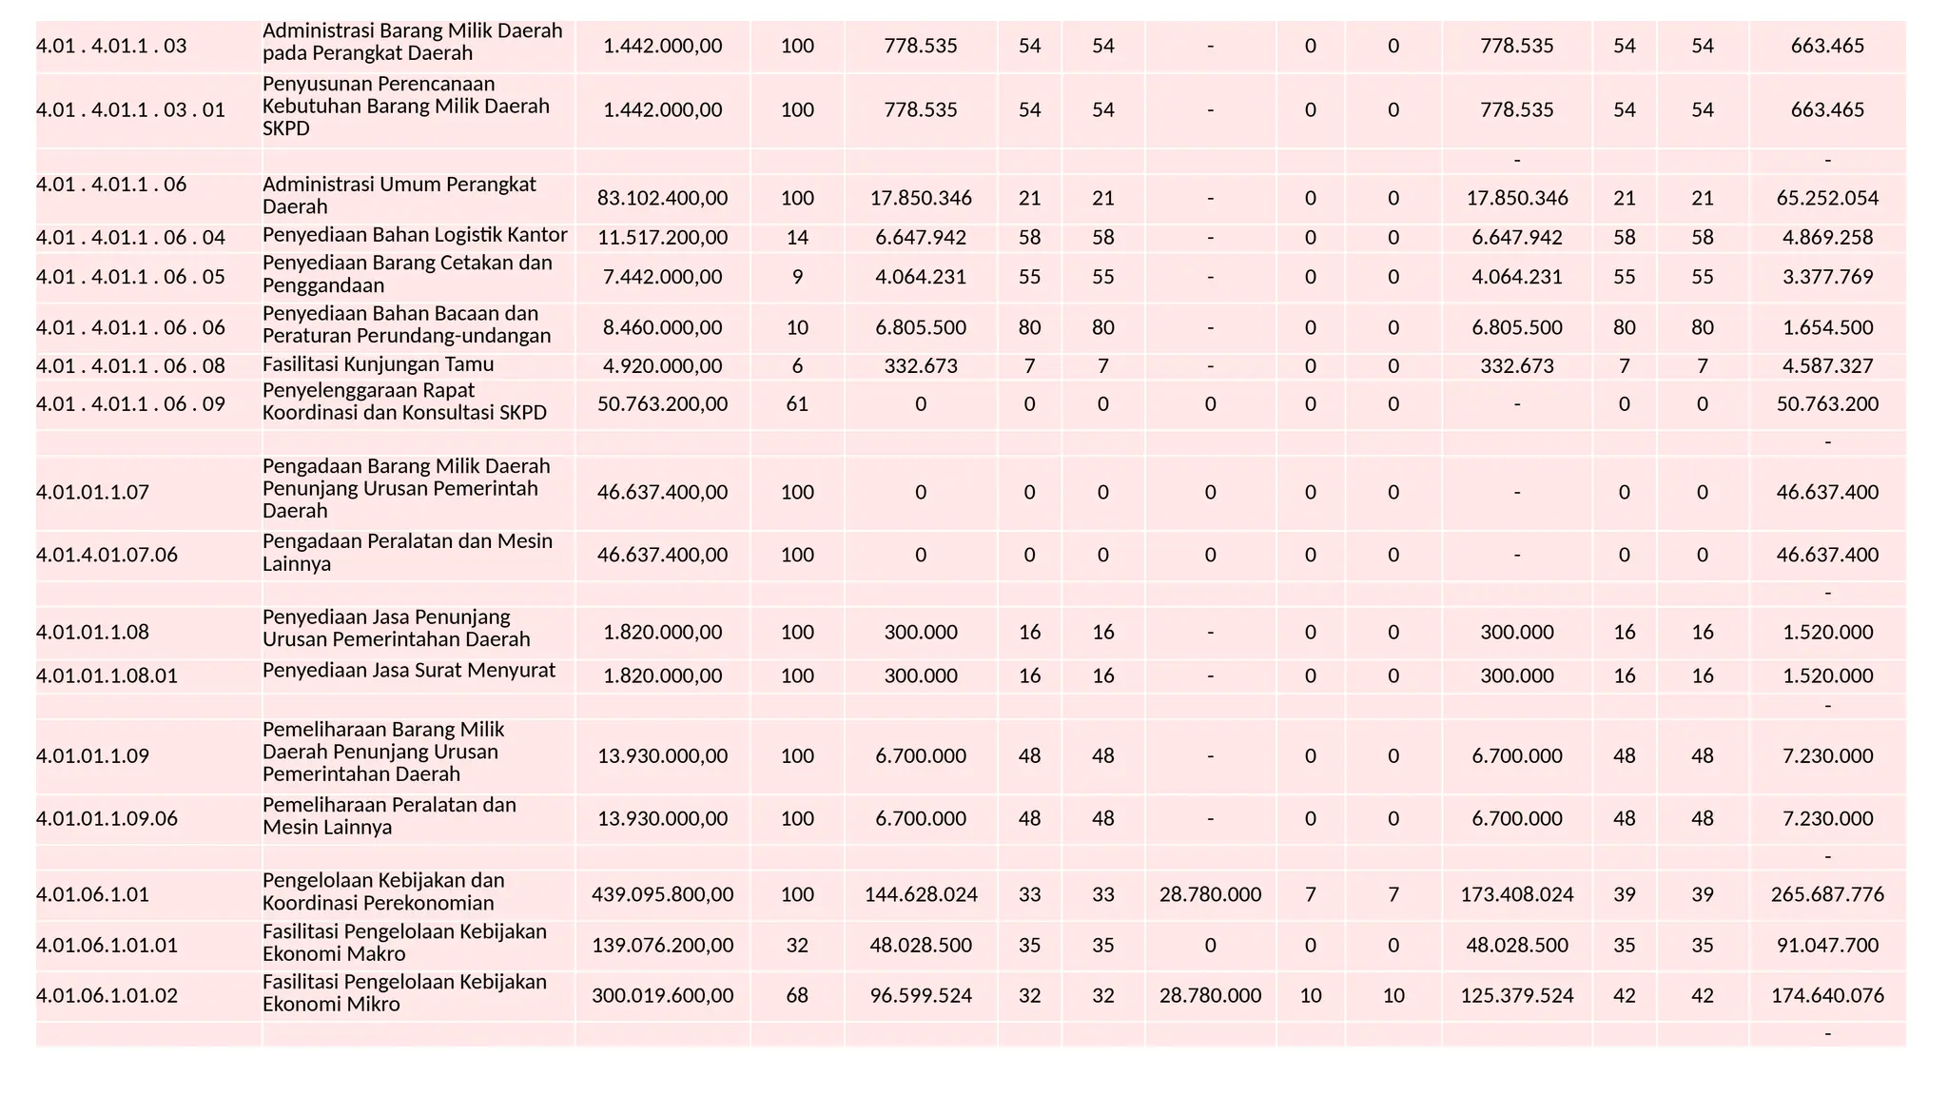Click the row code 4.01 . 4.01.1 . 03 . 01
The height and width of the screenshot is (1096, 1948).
pyautogui.click(x=130, y=109)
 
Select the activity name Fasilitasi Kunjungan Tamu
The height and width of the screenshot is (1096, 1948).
pyautogui.click(x=378, y=364)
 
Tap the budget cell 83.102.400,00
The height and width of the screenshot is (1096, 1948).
pyautogui.click(x=662, y=198)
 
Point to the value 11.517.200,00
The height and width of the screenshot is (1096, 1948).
pyautogui.click(x=662, y=237)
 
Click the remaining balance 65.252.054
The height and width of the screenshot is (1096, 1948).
pyautogui.click(x=1826, y=198)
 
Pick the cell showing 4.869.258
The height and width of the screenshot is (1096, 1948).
pyautogui.click(x=1826, y=237)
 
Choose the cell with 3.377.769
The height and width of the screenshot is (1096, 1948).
pyautogui.click(x=1826, y=277)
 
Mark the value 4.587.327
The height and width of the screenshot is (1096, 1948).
pyautogui.click(x=1826, y=365)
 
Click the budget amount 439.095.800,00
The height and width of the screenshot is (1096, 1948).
pyautogui.click(x=662, y=894)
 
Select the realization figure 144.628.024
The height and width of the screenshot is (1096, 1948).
pyautogui.click(x=920, y=894)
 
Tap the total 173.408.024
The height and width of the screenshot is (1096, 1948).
pyautogui.click(x=1516, y=894)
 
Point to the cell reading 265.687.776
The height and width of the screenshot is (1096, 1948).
pyautogui.click(x=1826, y=894)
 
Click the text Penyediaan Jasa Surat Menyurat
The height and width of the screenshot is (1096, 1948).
pyautogui.click(x=409, y=670)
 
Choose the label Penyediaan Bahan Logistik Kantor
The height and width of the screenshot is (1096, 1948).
pyautogui.click(x=415, y=235)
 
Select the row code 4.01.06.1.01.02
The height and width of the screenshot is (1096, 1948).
pyautogui.click(x=107, y=995)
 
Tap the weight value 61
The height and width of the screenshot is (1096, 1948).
pyautogui.click(x=797, y=403)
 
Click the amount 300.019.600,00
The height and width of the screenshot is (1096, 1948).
pyautogui.click(x=662, y=995)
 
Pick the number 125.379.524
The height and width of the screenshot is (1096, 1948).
pyautogui.click(x=1516, y=995)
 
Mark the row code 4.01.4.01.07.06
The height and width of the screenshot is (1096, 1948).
pyautogui.click(x=107, y=555)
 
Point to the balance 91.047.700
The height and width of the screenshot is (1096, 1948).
pyautogui.click(x=1826, y=945)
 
